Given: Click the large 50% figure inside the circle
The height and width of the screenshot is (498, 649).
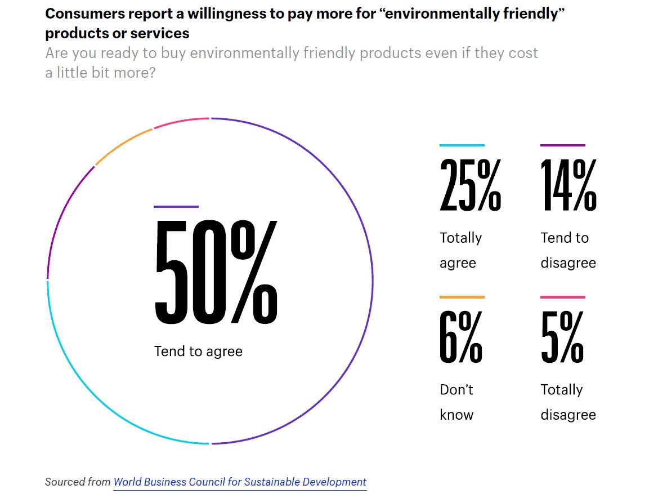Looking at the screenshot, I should pos(216,272).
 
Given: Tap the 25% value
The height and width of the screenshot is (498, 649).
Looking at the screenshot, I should pos(470,185).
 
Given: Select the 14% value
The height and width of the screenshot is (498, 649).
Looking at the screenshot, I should pos(568,185).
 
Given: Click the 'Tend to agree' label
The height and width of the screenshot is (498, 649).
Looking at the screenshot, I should pos(198,352).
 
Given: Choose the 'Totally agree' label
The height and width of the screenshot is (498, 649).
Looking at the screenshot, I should pos(460,250).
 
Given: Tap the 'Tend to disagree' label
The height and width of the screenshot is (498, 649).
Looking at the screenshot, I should pos(567,250).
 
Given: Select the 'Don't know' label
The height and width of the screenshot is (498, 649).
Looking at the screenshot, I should pos(456,402).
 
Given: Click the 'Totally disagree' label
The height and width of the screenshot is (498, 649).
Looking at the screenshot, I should pos(567,402).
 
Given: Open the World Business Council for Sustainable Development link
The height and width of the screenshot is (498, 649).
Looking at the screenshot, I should pos(240,482).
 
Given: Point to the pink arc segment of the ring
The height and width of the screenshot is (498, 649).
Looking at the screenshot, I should pos(181,122).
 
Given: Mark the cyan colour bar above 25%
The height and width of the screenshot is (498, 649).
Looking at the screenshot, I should pos(462,145).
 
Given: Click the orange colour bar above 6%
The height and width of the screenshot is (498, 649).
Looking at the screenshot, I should pos(462,297).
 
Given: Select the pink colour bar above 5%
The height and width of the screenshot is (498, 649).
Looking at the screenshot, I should pos(562,297).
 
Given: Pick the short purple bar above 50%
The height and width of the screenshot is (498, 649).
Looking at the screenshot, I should pos(176,207).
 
